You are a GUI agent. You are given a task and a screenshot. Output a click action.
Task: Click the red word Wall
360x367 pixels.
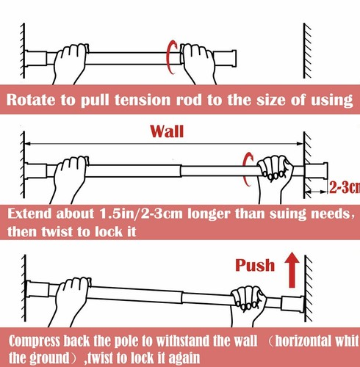pos(167,132)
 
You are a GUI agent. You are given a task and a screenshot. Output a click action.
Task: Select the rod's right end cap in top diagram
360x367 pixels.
pos(229,55)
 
